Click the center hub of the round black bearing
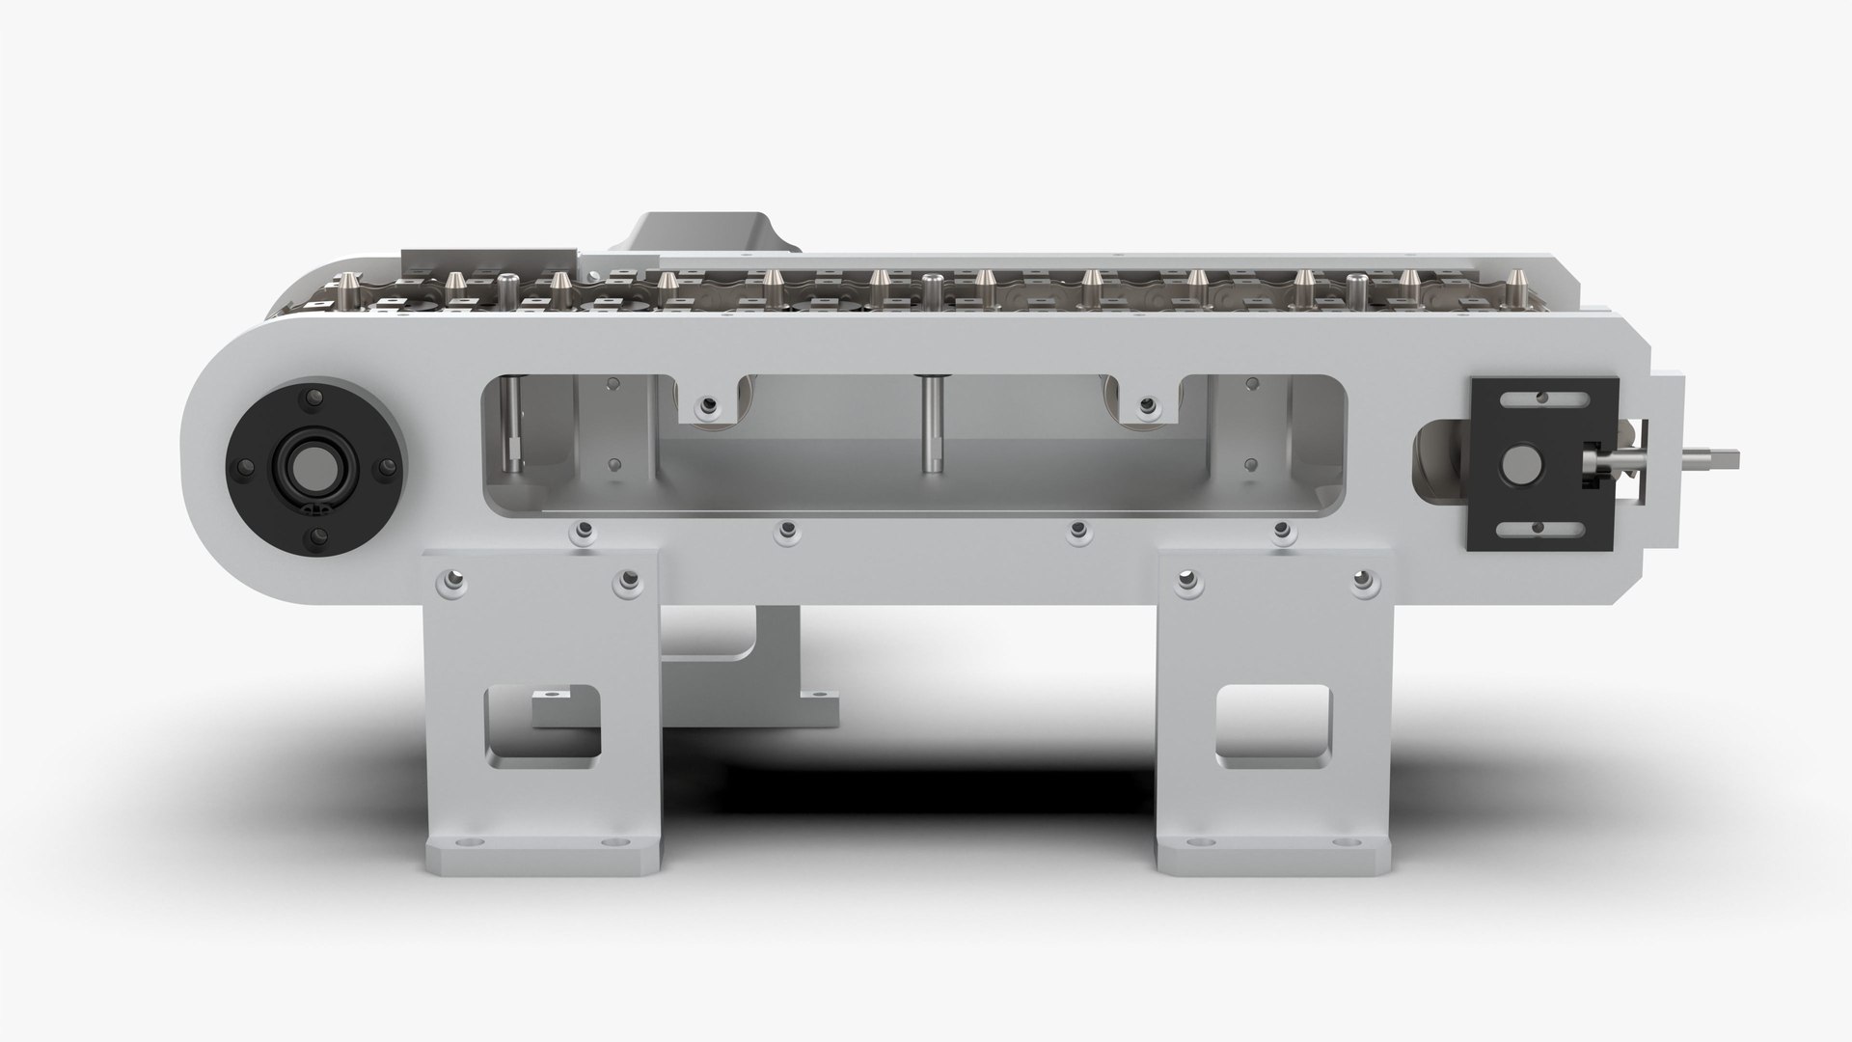click(314, 466)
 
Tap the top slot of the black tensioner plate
click(1540, 397)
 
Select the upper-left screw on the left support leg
click(449, 582)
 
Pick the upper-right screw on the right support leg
click(1360, 581)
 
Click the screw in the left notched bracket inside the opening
click(710, 405)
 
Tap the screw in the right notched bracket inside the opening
click(1146, 405)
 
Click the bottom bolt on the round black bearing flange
click(315, 536)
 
